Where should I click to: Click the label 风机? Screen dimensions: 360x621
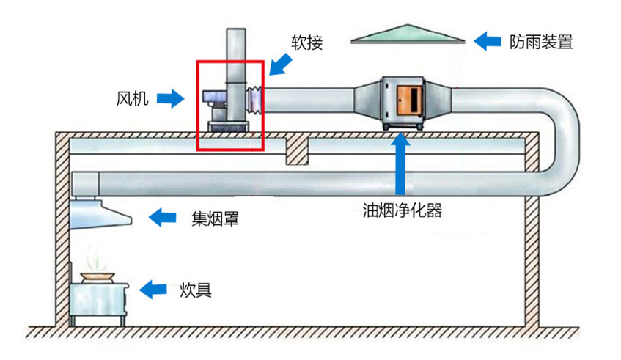pos(132,98)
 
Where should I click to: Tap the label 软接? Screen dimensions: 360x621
pos(307,43)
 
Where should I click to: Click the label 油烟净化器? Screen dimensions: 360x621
pos(403,210)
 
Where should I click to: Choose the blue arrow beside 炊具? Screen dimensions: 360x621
pos(153,290)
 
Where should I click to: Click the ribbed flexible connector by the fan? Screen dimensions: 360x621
pos(255,99)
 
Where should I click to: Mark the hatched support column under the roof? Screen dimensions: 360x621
pos(296,150)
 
